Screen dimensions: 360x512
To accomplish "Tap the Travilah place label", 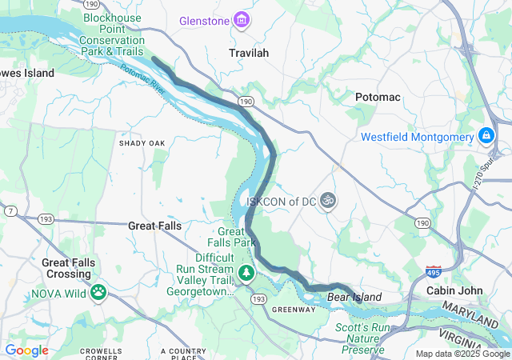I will [248, 53].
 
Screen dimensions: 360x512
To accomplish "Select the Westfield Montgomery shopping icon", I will [486, 137].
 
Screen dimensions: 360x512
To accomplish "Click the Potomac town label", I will [377, 97].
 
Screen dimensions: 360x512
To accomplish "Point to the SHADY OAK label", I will [142, 143].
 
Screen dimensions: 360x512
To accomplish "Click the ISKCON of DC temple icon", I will [326, 201].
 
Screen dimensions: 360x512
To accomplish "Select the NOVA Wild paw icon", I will [99, 293].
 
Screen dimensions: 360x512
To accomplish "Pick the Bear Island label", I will [354, 298].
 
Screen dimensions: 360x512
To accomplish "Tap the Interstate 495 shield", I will [434, 272].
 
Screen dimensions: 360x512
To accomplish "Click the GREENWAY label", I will [294, 310].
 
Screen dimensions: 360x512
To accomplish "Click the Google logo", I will [26, 350].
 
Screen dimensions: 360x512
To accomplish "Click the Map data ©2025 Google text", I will [462, 354].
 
